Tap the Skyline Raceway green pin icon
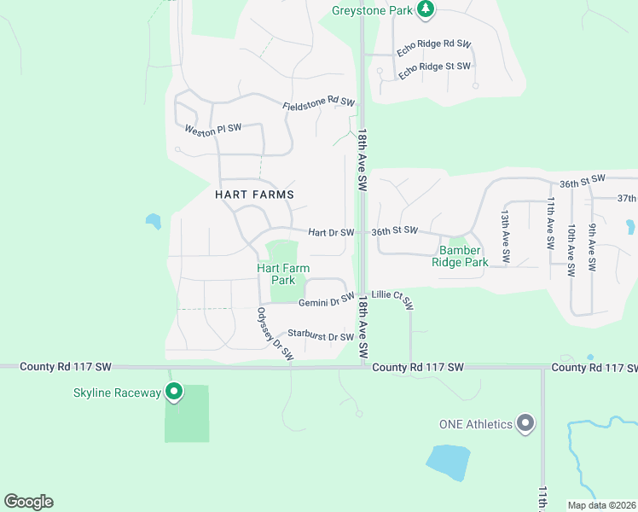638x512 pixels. click(x=174, y=393)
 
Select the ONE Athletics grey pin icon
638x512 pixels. click(x=525, y=423)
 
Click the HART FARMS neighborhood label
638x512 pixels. click(x=254, y=195)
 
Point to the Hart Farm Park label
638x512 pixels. click(x=282, y=274)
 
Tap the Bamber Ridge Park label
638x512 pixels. click(x=464, y=256)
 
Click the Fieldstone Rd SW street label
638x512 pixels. click(x=318, y=104)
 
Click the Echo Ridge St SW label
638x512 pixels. click(x=435, y=67)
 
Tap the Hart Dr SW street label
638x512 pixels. click(x=331, y=232)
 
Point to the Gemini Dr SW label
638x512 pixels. click(x=326, y=300)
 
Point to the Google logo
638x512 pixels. click(x=28, y=502)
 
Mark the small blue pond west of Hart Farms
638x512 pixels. click(x=154, y=221)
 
